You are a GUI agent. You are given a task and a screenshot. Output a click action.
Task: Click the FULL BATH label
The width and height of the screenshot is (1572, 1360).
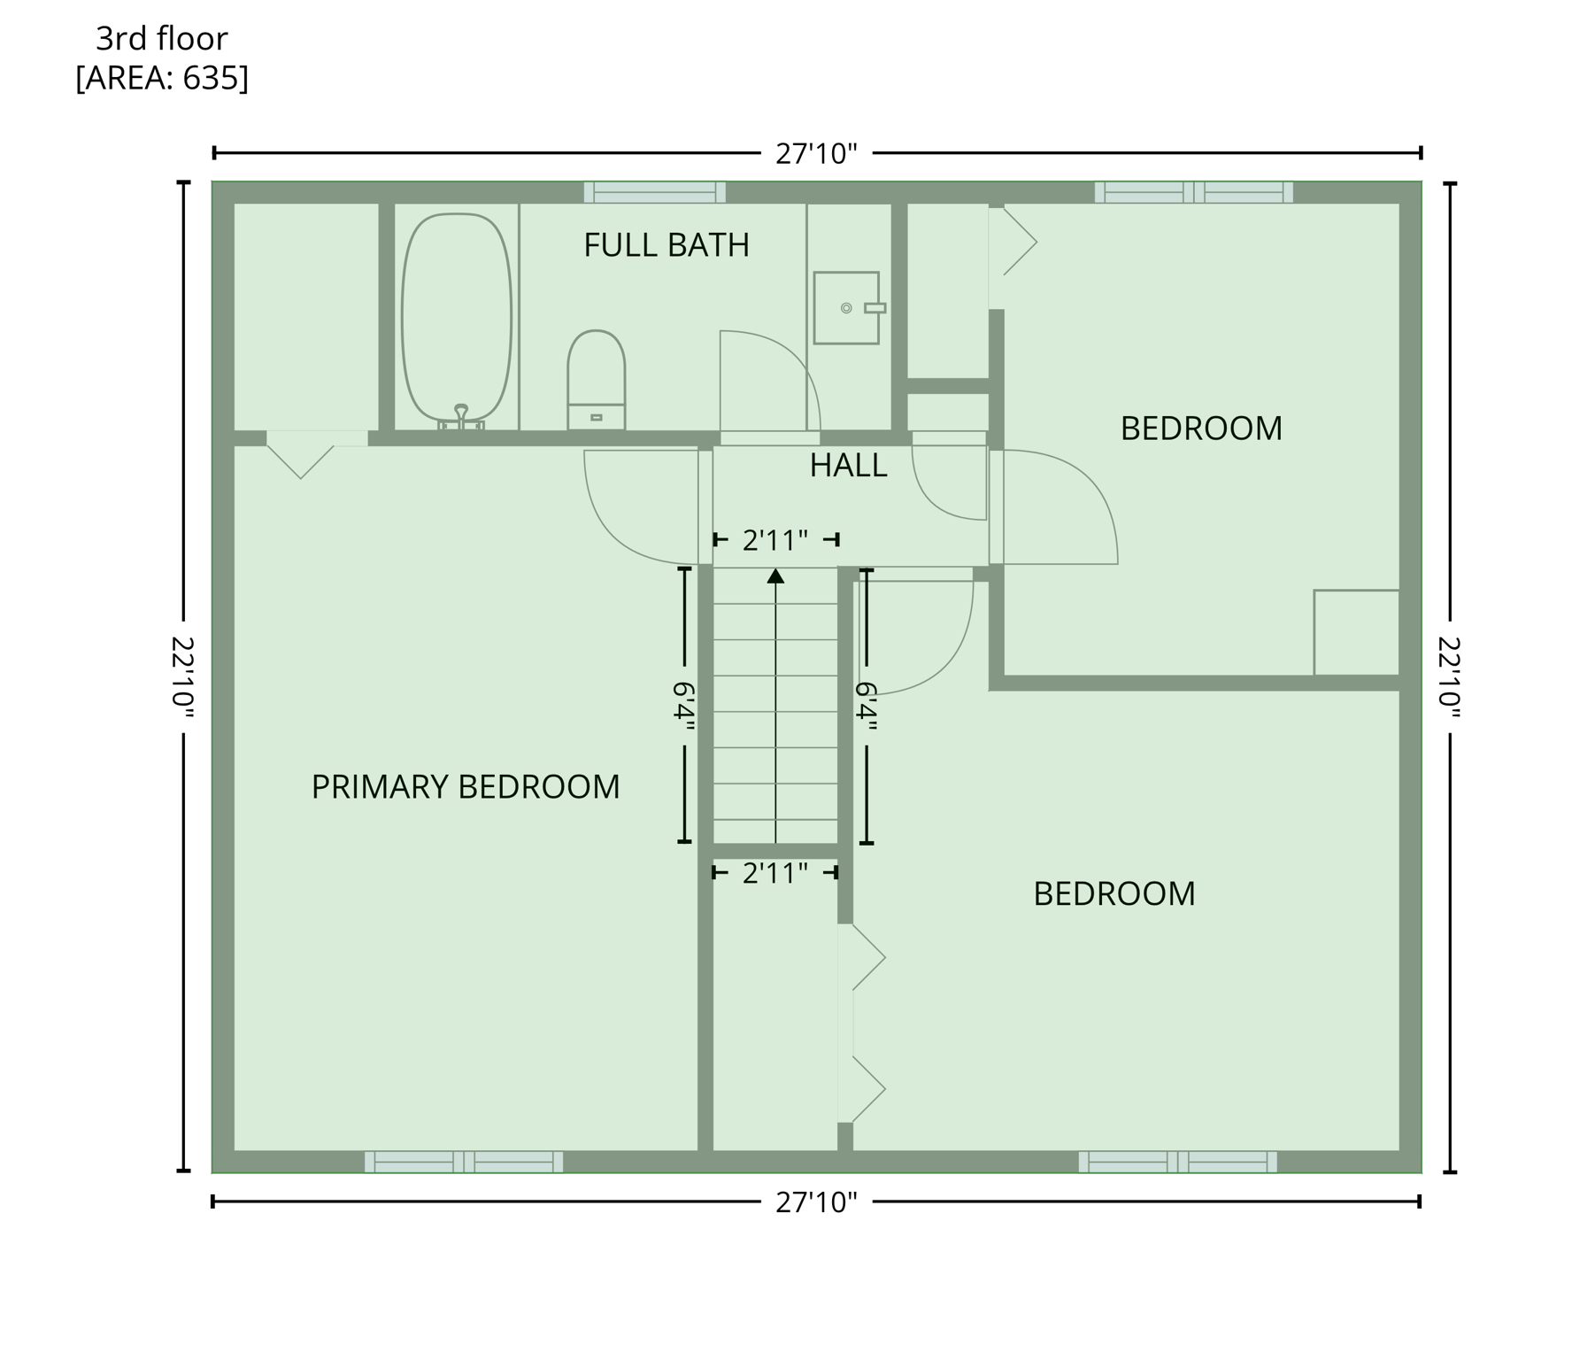(x=666, y=245)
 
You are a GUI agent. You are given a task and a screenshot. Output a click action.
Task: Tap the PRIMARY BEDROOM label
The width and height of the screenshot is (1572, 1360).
(x=466, y=787)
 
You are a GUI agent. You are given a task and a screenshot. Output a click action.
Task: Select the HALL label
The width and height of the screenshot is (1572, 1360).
(x=848, y=466)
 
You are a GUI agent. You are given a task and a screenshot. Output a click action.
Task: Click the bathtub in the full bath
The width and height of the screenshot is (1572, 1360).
(x=457, y=317)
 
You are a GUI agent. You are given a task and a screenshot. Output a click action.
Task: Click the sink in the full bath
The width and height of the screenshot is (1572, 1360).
(x=847, y=307)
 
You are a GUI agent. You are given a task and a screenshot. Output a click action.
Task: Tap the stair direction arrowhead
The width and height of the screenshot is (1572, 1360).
(x=775, y=576)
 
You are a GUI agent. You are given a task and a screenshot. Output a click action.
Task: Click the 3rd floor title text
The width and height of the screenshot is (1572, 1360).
(x=162, y=39)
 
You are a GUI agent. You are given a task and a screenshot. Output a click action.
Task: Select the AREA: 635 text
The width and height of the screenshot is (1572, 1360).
(x=162, y=79)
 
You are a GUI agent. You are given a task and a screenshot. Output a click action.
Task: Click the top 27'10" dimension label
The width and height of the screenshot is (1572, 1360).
(x=816, y=154)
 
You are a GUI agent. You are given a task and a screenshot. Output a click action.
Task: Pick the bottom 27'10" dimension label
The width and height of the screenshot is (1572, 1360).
(x=816, y=1202)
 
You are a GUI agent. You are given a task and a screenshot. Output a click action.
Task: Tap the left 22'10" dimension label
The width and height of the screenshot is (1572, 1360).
(x=183, y=676)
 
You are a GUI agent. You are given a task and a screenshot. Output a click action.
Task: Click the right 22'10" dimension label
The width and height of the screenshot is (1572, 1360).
(x=1450, y=676)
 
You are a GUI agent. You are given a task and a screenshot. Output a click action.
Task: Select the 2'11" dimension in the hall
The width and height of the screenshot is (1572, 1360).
(x=774, y=540)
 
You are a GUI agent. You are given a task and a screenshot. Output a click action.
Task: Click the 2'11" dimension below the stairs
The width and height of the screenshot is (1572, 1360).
(x=774, y=874)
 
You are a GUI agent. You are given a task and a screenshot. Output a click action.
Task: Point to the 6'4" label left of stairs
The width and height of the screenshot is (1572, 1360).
(x=684, y=705)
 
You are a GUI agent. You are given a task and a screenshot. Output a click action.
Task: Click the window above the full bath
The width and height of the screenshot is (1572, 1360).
(x=654, y=192)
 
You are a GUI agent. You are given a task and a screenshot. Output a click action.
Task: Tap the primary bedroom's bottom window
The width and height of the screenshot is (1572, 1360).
(x=464, y=1162)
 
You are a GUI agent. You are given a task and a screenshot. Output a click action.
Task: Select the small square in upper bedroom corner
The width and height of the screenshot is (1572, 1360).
(x=1355, y=632)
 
